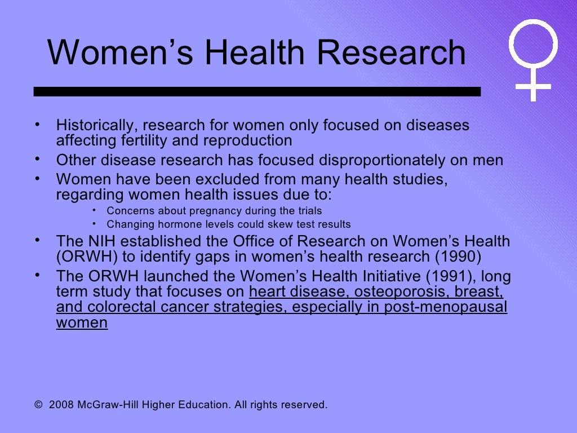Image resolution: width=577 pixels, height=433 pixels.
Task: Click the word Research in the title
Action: pos(390,53)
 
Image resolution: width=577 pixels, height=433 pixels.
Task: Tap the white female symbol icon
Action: pos(533,59)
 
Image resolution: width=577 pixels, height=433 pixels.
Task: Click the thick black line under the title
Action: pos(257,91)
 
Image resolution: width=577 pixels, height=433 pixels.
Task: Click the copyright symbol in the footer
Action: pos(38,405)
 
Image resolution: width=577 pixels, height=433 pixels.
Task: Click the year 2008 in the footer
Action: pos(60,405)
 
